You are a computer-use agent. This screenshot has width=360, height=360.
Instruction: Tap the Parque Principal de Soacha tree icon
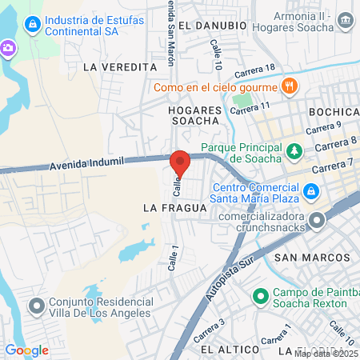pyautogui.click(x=295, y=150)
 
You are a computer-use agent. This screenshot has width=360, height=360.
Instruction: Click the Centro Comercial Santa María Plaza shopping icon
pyautogui.click(x=311, y=192)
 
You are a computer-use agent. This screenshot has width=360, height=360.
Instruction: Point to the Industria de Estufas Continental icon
pyautogui.click(x=31, y=25)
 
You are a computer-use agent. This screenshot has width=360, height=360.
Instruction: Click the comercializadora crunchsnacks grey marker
pyautogui.click(x=319, y=219)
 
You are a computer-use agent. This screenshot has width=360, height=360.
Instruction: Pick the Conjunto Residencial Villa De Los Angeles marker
pyautogui.click(x=37, y=306)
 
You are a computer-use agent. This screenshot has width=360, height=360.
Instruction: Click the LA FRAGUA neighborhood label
pyautogui.click(x=174, y=207)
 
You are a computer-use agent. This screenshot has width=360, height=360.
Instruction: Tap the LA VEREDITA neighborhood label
pyautogui.click(x=118, y=67)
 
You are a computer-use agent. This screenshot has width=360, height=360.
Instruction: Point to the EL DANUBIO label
pyautogui.click(x=212, y=26)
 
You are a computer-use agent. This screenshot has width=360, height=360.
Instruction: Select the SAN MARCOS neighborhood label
pyautogui.click(x=312, y=258)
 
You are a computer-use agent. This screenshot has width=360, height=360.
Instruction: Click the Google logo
pyautogui.click(x=26, y=350)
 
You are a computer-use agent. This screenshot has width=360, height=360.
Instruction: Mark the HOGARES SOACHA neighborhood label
pyautogui.click(x=194, y=114)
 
